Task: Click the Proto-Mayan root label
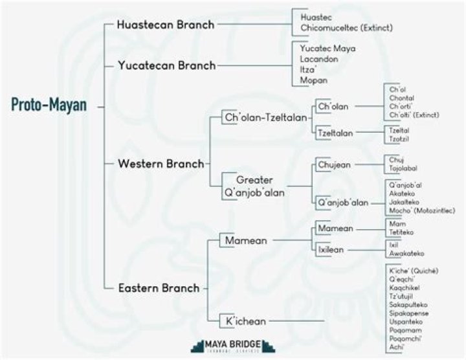tap(49, 106)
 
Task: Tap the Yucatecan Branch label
tap(166, 65)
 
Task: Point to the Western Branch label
tap(161, 163)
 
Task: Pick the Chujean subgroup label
tap(335, 164)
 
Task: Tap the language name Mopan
tap(314, 80)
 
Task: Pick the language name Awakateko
tap(407, 254)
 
